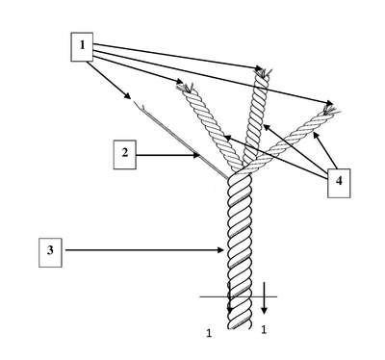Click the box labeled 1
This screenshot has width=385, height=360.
pos(82,47)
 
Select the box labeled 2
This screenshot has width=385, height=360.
pos(125,154)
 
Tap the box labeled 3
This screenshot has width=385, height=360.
pos(50,252)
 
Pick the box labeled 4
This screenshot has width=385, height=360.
pos(339,183)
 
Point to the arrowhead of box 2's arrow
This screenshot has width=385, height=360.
pos(196,155)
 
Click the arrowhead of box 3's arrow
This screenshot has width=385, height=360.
pos(220,250)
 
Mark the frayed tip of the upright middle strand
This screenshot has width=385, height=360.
pos(264,72)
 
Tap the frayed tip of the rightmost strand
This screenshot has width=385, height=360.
pos(332,110)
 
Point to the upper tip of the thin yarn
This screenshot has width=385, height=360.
pos(134,101)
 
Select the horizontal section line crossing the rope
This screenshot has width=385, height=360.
pos(238,296)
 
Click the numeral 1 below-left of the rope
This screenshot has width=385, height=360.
pos(209,333)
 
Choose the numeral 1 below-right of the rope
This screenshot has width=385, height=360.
pos(264,329)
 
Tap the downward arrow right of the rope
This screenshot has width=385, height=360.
pos(264,298)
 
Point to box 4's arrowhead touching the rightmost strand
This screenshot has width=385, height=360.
pos(316,136)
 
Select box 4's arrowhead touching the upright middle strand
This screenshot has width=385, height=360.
pos(266,128)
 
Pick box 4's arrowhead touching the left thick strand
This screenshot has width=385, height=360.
pos(227,138)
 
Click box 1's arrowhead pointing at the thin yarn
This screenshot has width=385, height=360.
pos(128,96)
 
